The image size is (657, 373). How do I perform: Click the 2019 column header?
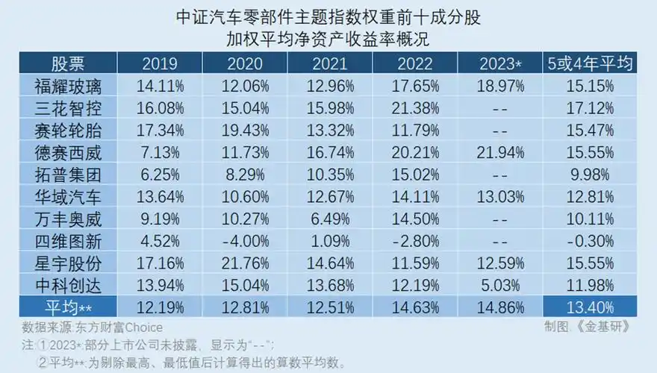(x=159, y=63)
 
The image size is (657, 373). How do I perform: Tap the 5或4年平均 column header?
(x=590, y=63)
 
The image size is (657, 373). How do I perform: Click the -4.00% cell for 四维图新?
(x=244, y=242)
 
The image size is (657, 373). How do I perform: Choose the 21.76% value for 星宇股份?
(x=244, y=264)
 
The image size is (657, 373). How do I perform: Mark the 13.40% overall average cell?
(x=590, y=309)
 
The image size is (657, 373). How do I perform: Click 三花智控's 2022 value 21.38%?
(x=414, y=107)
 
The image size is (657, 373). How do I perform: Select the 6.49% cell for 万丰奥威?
(x=329, y=219)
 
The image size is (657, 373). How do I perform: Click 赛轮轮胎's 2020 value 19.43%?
(x=244, y=130)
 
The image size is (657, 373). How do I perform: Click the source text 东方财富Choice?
(x=120, y=327)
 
